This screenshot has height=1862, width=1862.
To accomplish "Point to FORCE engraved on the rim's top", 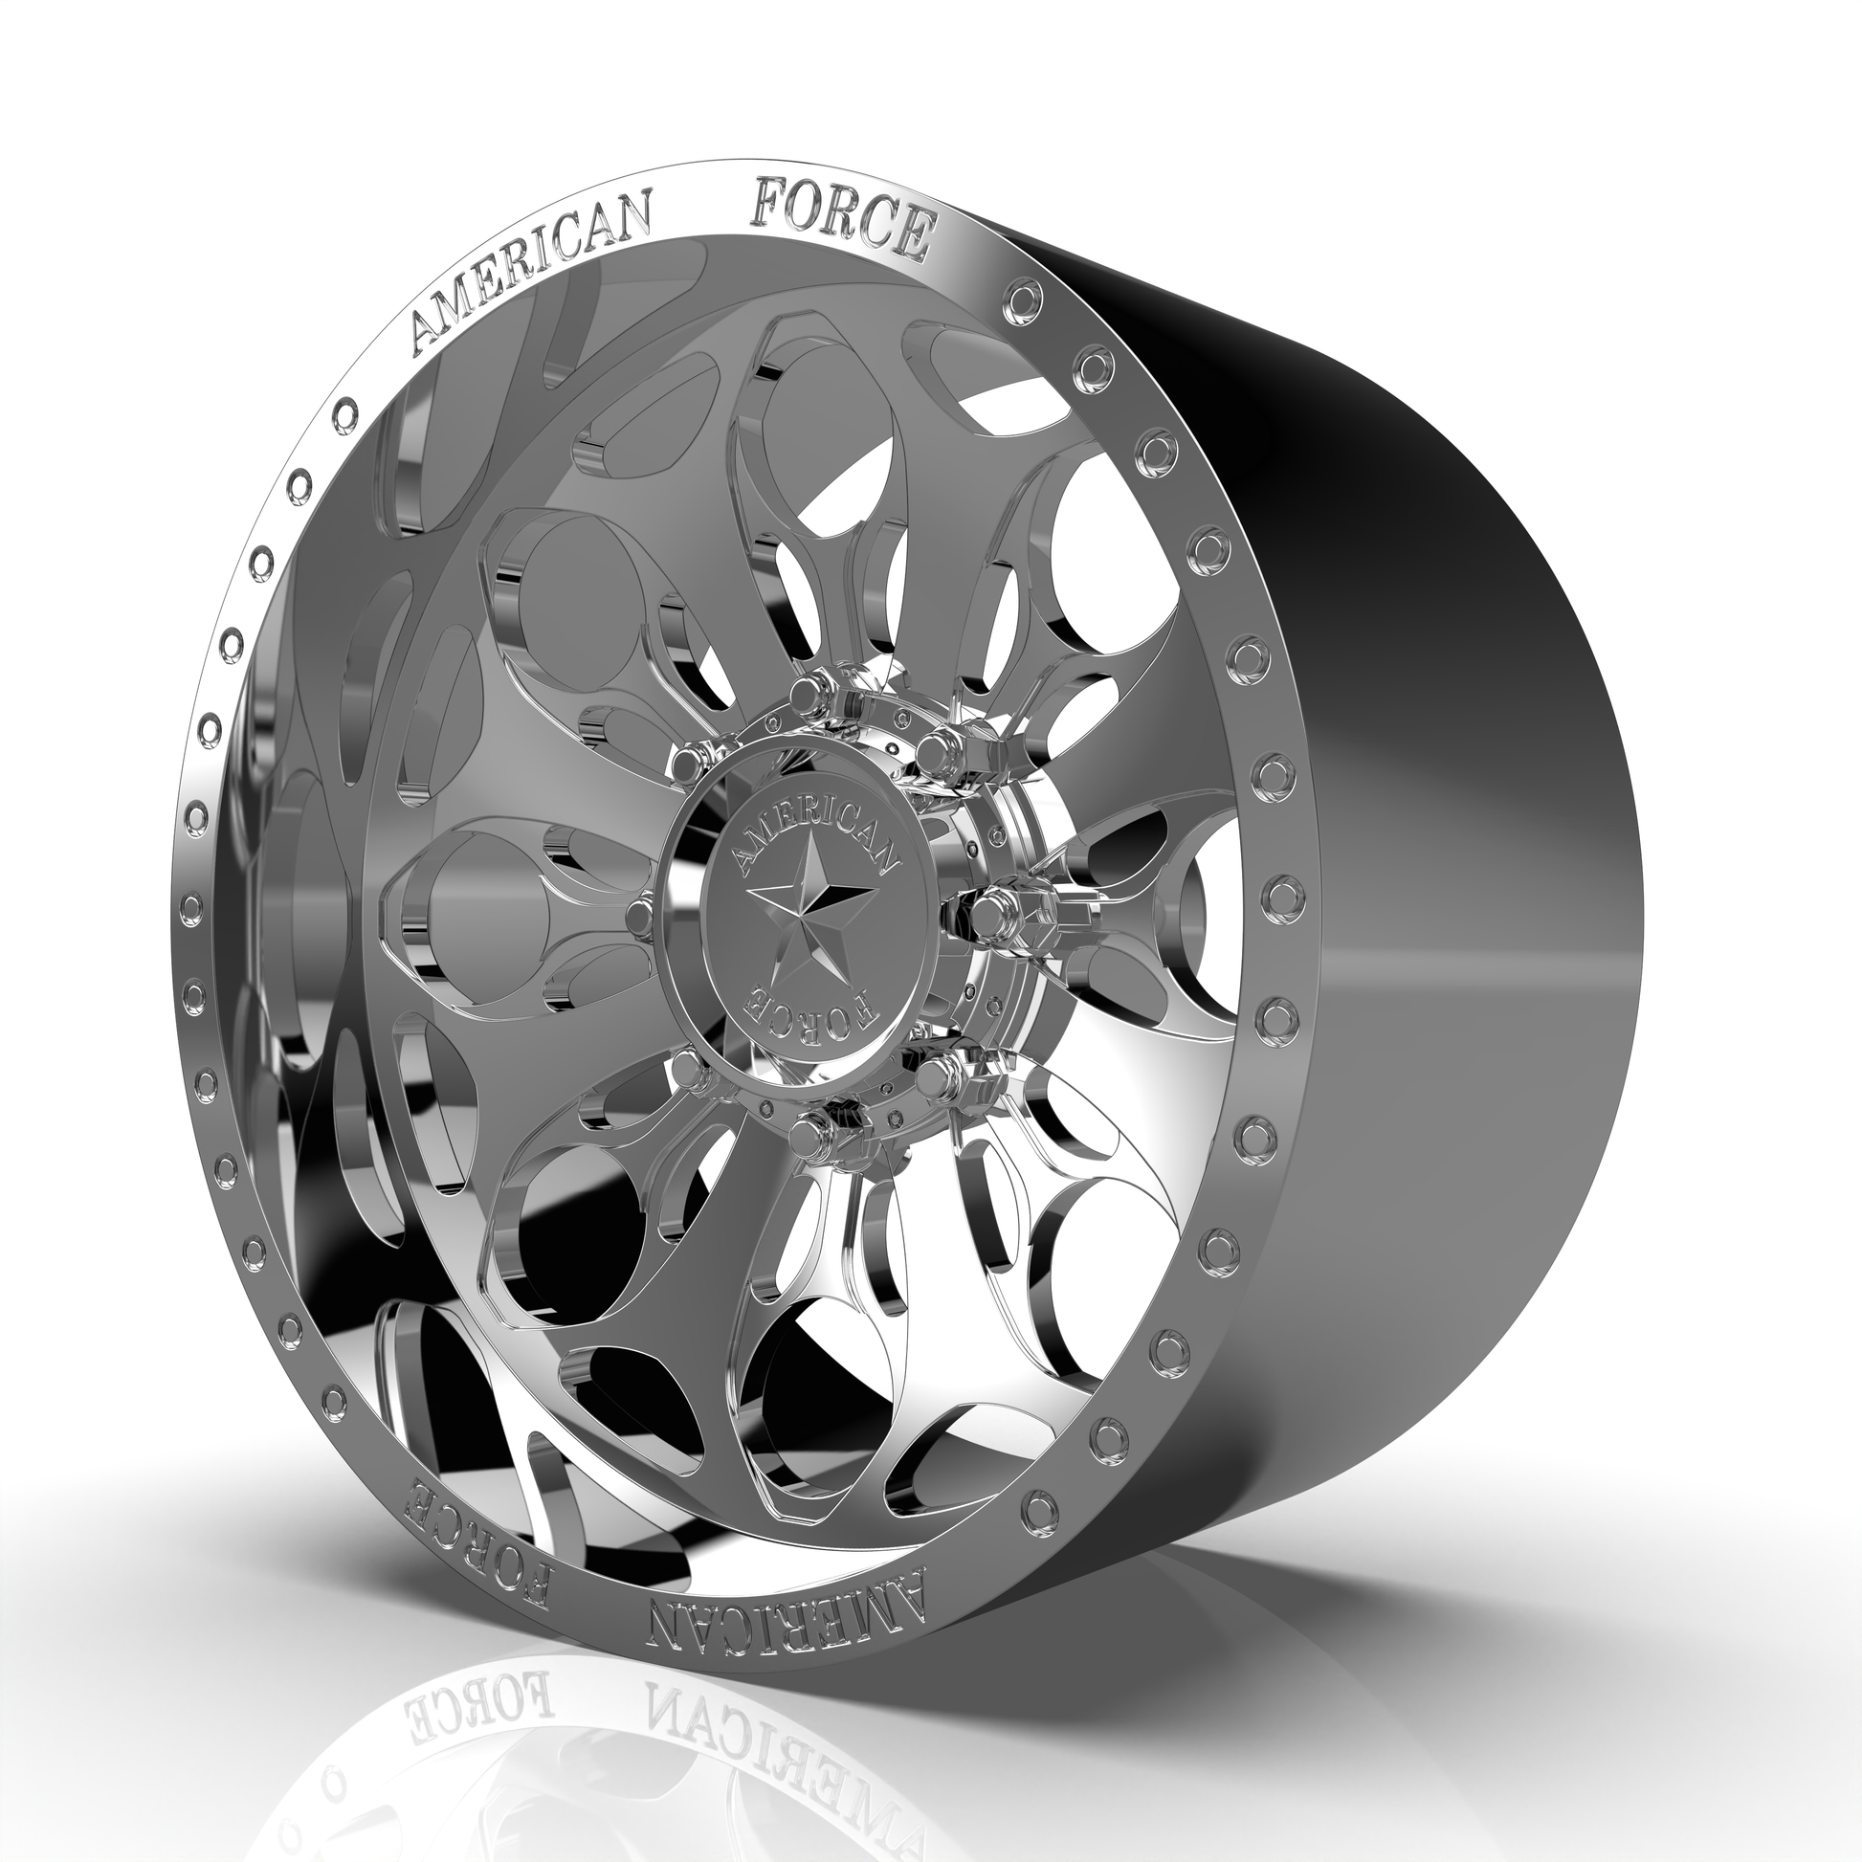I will [x=841, y=211].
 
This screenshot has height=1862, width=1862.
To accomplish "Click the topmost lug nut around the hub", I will [x=806, y=694].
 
